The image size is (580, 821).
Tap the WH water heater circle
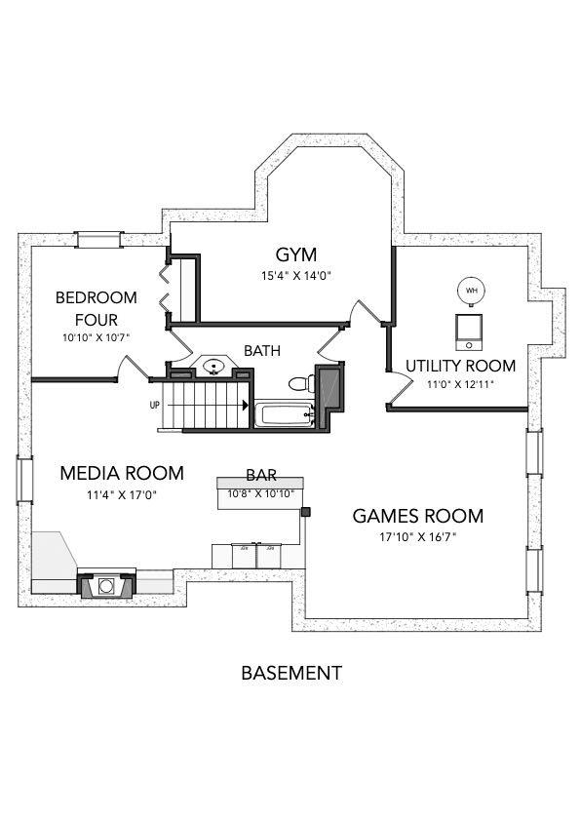472,291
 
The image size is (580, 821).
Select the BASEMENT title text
290,673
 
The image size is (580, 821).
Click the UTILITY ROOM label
460,366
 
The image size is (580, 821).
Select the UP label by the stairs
154,405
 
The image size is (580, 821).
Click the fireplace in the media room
104,586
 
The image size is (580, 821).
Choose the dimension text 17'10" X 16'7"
417,537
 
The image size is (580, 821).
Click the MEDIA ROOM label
121,474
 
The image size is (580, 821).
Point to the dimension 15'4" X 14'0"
297,275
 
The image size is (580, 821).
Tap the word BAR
260,476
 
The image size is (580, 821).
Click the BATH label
260,350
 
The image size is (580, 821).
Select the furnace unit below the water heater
469,331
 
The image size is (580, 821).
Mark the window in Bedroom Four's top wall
98,239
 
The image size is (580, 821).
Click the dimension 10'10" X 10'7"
96,337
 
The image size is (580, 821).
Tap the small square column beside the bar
305,511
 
